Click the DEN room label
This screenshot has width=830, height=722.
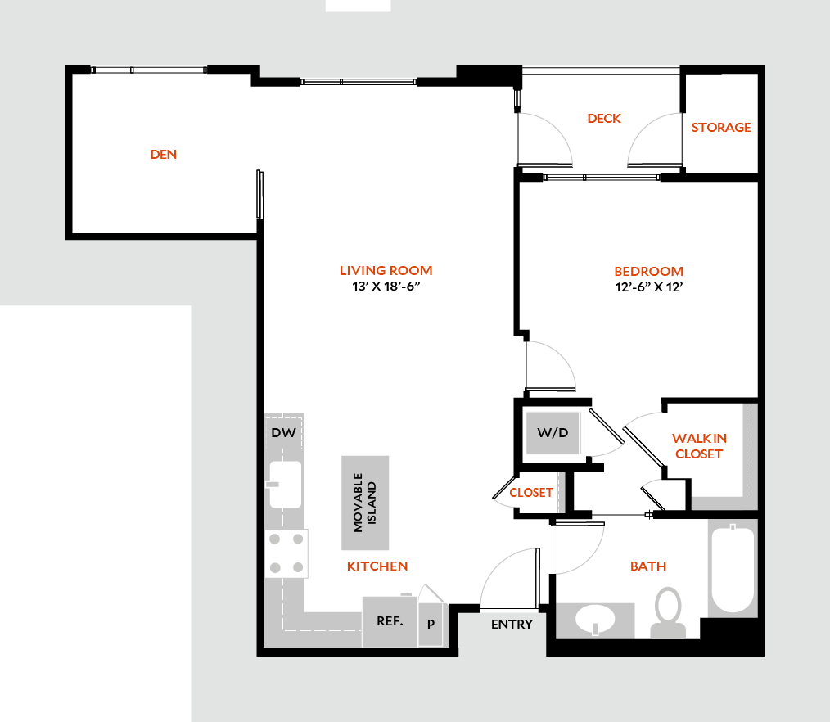pyautogui.click(x=164, y=154)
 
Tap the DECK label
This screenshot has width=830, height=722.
pyautogui.click(x=604, y=119)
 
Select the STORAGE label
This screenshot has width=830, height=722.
pyautogui.click(x=721, y=128)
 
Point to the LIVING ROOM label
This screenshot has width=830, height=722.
pyautogui.click(x=386, y=270)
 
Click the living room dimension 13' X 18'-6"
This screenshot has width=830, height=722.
pyautogui.click(x=386, y=287)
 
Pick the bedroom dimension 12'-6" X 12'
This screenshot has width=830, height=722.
pyautogui.click(x=649, y=287)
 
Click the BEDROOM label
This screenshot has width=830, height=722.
pyautogui.click(x=649, y=271)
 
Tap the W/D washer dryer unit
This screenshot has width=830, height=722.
pyautogui.click(x=553, y=431)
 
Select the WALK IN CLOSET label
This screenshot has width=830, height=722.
pyautogui.click(x=699, y=446)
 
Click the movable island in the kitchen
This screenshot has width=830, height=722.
pyautogui.click(x=365, y=503)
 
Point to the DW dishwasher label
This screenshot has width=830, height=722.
pyautogui.click(x=283, y=432)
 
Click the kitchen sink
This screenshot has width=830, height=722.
pyautogui.click(x=285, y=484)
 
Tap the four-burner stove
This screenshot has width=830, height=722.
pyautogui.click(x=286, y=553)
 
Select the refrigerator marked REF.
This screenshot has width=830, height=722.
pyautogui.click(x=390, y=621)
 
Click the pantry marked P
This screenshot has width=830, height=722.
pyautogui.click(x=431, y=624)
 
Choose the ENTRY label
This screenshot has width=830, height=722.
pyautogui.click(x=512, y=625)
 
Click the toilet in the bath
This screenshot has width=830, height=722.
pyautogui.click(x=668, y=610)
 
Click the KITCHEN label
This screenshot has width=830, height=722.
pyautogui.click(x=377, y=566)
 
